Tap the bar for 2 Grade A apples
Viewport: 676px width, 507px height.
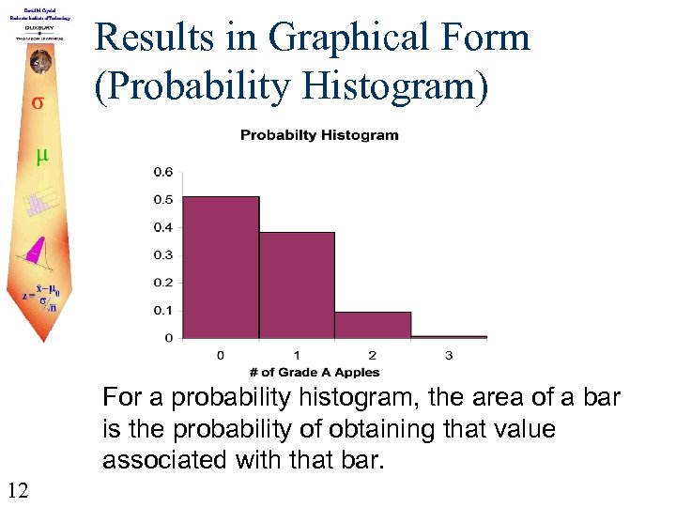[x=373, y=324]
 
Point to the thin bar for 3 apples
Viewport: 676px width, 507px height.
[x=449, y=336]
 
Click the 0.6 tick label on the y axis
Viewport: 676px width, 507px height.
[x=163, y=172]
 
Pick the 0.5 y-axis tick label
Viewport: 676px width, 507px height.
[x=163, y=199]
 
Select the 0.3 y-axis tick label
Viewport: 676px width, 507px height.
[x=163, y=254]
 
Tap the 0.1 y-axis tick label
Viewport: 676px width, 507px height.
[x=163, y=310]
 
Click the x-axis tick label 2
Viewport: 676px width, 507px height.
[x=373, y=355]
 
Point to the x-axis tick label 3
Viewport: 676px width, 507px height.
[x=449, y=355]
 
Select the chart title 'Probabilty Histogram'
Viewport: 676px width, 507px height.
[x=319, y=135]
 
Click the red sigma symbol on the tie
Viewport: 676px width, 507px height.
[x=37, y=100]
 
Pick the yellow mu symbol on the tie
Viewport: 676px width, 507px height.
[x=41, y=155]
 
